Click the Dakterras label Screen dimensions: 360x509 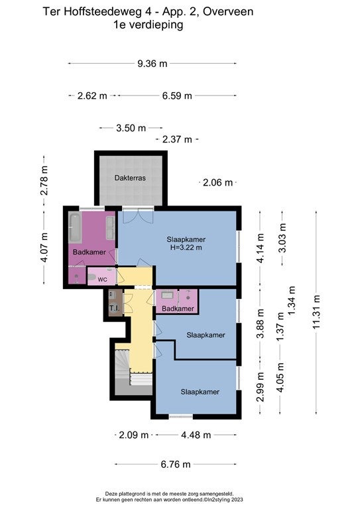(130, 178)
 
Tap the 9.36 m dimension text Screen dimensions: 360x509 (152, 64)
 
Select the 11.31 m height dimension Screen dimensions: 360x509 (316, 311)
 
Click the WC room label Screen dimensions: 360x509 (102, 280)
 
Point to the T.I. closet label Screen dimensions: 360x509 (114, 308)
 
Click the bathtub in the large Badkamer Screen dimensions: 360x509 (76, 227)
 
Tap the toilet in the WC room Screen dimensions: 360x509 (91, 277)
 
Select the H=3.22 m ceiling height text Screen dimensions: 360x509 (186, 248)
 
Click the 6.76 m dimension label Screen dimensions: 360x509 (176, 464)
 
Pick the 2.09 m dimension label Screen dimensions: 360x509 (133, 435)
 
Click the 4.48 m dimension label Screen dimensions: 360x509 (196, 435)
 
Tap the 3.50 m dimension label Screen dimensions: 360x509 (131, 128)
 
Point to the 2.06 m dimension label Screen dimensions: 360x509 (217, 182)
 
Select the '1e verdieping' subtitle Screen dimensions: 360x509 (148, 25)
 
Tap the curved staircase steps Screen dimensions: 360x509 (122, 365)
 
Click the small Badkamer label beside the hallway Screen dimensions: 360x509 (178, 308)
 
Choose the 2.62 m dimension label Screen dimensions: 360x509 (92, 95)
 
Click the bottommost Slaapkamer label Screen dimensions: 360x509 (200, 392)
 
